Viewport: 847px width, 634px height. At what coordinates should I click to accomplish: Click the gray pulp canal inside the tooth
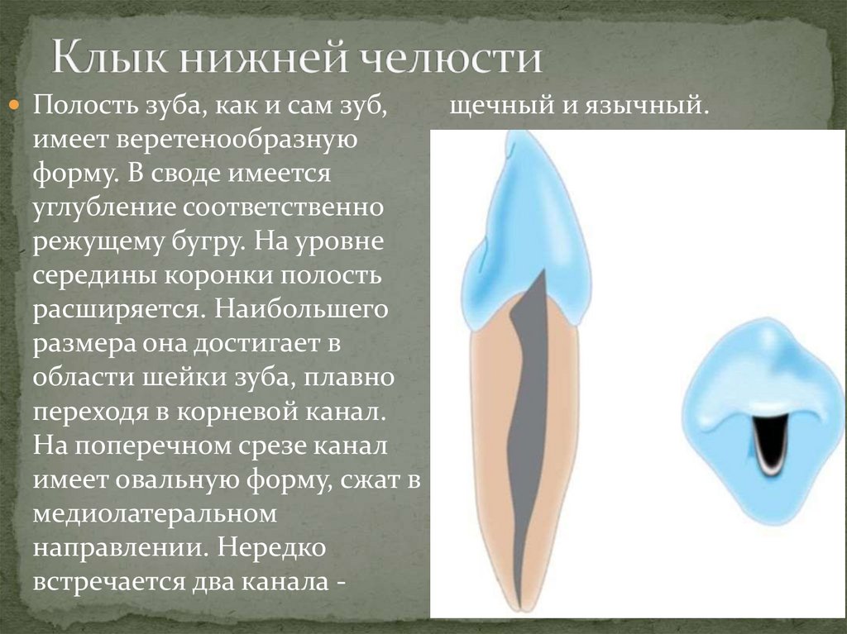[527, 413]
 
